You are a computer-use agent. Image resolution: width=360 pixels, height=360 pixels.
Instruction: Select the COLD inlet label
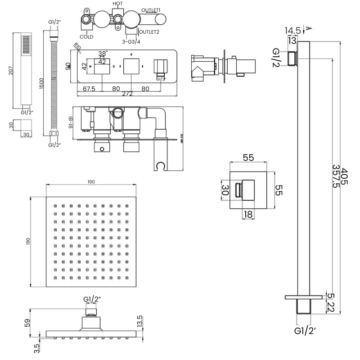87,36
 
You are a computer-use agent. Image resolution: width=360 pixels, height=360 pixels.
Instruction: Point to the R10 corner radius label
77,46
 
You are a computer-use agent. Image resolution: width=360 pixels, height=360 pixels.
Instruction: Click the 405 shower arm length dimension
344,178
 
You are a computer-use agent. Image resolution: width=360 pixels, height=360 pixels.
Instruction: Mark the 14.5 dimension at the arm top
292,31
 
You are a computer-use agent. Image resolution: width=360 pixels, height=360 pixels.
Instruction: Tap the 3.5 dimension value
37,348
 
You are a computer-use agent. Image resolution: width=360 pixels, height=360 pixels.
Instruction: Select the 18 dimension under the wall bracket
247,215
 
